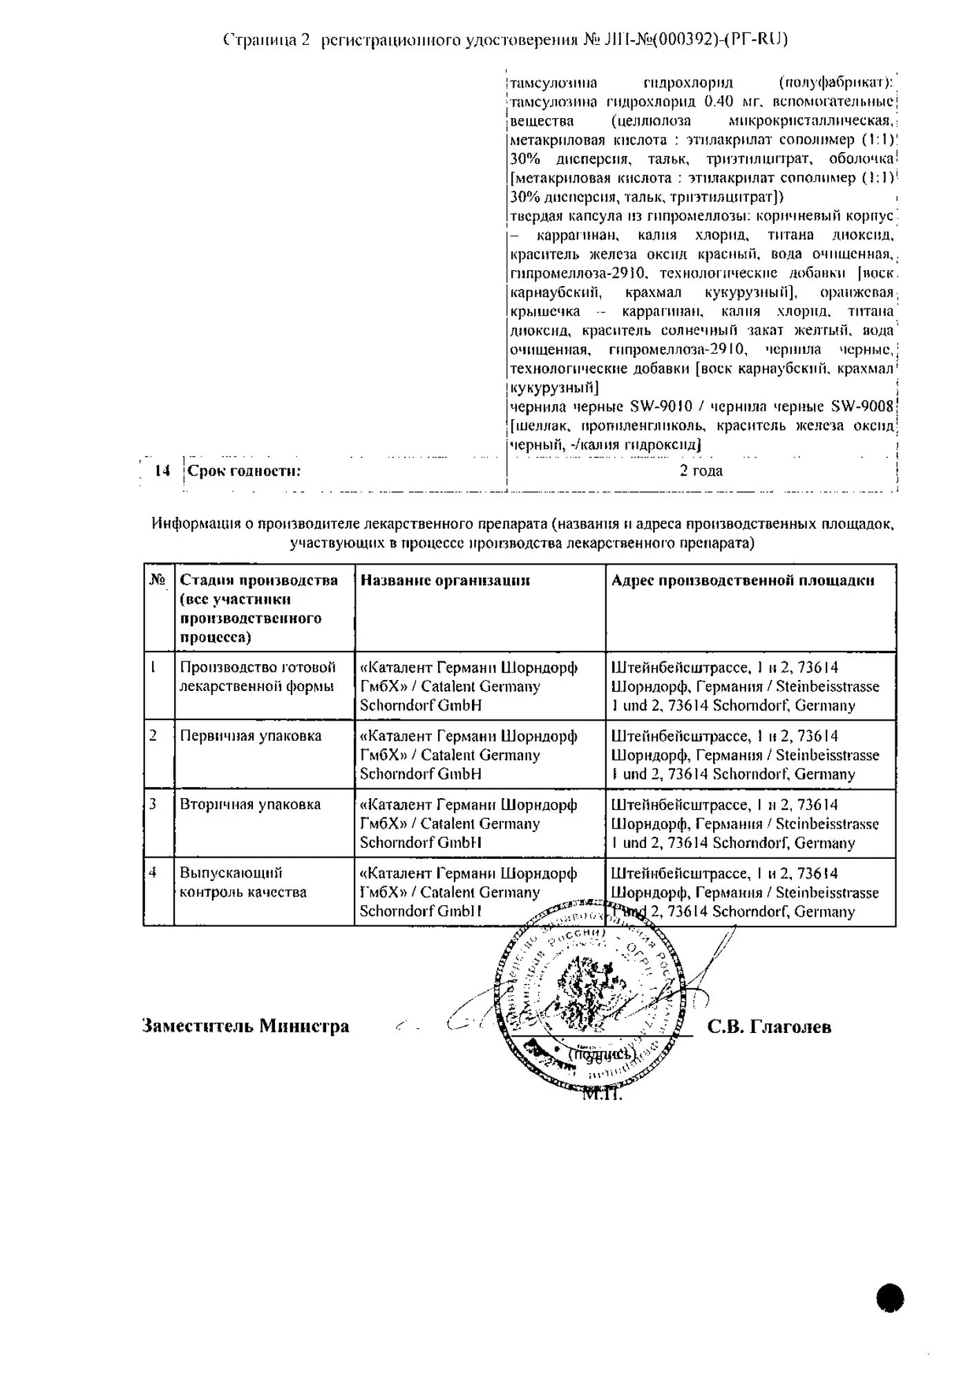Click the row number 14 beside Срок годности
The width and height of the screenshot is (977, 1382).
(x=162, y=471)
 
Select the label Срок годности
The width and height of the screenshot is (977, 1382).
(x=245, y=471)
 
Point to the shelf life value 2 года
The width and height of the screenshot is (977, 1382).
(x=701, y=471)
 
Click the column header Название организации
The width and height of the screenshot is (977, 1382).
(x=445, y=580)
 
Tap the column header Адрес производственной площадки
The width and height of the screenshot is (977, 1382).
(x=743, y=580)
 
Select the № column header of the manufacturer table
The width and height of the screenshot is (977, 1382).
(x=158, y=580)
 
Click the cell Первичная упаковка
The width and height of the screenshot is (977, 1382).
(x=251, y=736)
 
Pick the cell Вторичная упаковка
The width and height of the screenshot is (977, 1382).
(x=251, y=804)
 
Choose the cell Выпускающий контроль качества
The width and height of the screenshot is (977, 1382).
(x=243, y=882)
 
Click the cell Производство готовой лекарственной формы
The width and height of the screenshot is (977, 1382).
(x=258, y=676)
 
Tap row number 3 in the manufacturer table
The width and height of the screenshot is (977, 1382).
(x=153, y=804)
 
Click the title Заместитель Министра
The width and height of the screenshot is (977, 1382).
(x=245, y=1026)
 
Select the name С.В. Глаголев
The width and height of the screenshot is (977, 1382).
(x=769, y=1027)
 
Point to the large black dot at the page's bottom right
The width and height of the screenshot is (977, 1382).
(x=891, y=1298)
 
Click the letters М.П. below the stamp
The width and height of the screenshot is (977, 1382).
(x=603, y=1095)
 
